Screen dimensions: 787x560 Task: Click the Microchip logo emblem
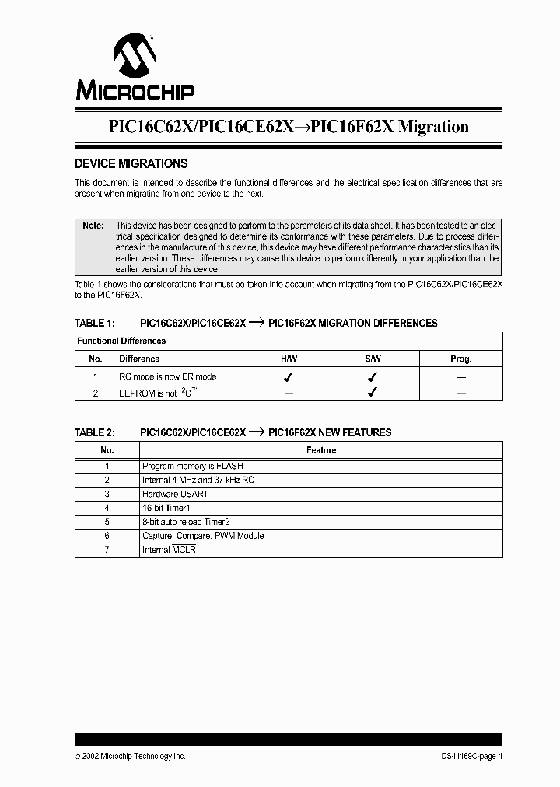(135, 56)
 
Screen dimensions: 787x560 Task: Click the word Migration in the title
(433, 126)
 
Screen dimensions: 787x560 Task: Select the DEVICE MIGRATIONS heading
(131, 164)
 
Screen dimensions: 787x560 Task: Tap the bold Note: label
(93, 225)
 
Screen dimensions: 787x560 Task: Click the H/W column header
(289, 359)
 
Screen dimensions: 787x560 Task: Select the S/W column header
(373, 359)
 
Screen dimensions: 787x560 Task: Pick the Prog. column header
(460, 359)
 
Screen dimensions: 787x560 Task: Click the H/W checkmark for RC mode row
(289, 376)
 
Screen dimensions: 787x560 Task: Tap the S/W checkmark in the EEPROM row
(373, 393)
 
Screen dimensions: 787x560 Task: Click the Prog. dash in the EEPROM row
(460, 393)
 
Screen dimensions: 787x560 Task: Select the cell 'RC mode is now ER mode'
(167, 376)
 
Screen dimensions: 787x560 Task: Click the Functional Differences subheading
(121, 341)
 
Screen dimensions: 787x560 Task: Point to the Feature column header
(320, 450)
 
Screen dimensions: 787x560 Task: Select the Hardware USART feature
(175, 494)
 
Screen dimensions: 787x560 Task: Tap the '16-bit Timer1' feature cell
(166, 508)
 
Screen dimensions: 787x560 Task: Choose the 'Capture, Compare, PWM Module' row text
(202, 536)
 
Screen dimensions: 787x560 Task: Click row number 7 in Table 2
(107, 550)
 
